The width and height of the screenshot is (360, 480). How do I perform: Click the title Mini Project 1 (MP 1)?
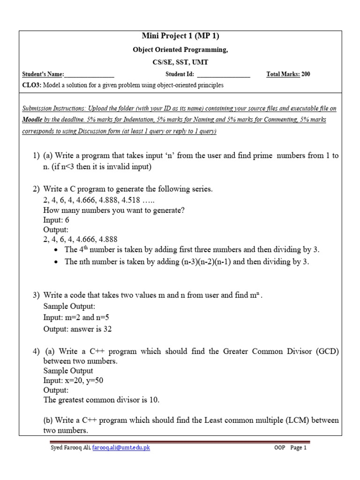coord(180,37)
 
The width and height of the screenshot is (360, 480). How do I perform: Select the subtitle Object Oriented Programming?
coord(180,50)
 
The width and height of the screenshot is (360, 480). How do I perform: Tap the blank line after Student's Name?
coord(89,75)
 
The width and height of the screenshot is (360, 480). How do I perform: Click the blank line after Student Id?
coord(224,75)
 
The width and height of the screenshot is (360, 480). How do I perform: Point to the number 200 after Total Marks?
coord(306,74)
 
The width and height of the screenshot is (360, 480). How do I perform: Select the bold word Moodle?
coord(33,120)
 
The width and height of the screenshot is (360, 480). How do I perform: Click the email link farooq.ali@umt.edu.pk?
coord(121,448)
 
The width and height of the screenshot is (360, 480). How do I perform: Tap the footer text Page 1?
coord(298,448)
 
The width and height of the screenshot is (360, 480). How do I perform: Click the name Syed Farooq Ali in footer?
coord(70,448)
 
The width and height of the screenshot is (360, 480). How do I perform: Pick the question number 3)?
coord(37,295)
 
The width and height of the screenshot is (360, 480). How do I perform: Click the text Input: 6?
coord(57,220)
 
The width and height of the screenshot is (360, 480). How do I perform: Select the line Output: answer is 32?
coord(77,329)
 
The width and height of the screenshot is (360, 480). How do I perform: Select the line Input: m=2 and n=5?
coord(75,318)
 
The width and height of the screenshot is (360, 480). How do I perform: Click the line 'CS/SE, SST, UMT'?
coord(180,62)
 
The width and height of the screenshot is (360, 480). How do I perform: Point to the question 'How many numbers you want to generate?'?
coord(114,210)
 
